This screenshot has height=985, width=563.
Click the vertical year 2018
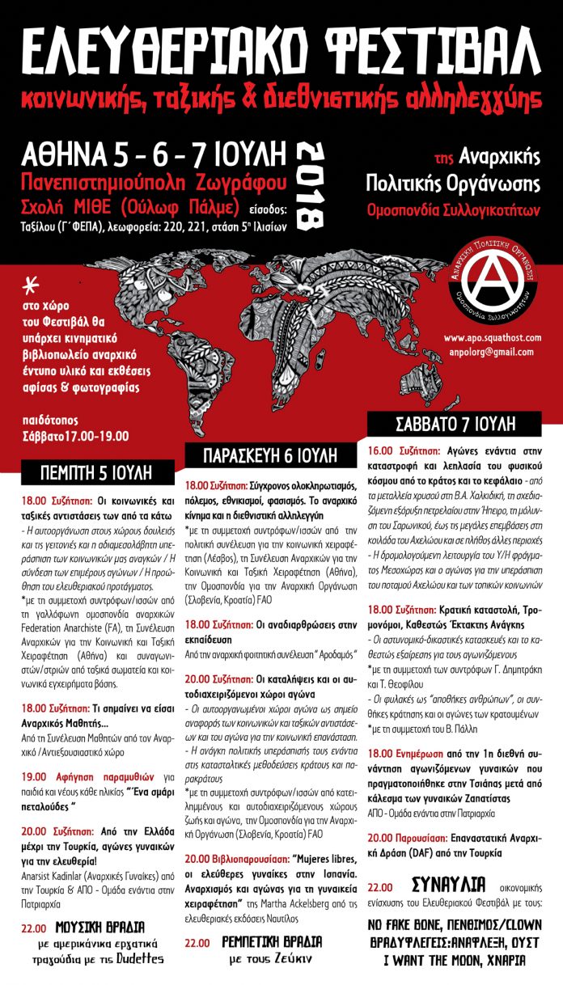311,185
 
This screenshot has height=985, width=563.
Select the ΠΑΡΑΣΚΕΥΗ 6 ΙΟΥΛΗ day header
273,454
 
